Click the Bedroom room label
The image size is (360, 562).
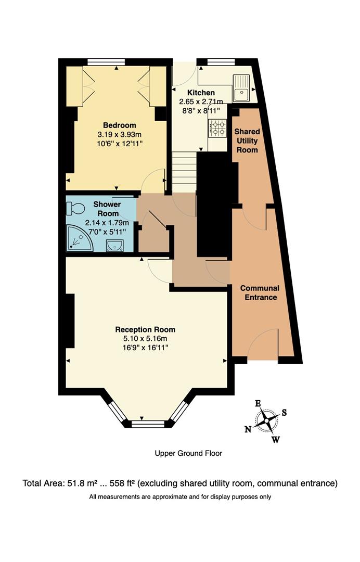click(119, 125)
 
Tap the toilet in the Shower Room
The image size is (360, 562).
click(75, 208)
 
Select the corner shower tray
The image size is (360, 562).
click(79, 238)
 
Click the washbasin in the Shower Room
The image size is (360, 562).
click(114, 245)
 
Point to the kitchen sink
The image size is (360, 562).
click(242, 88)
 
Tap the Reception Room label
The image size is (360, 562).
click(145, 329)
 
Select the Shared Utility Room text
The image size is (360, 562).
click(247, 140)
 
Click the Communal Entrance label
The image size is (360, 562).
click(260, 292)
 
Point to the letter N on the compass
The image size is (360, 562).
click(248, 429)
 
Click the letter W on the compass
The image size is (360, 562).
click(276, 440)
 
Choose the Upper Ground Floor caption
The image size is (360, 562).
click(188, 453)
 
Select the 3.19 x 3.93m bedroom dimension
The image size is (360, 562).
click(119, 134)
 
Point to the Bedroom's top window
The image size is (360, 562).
click(116, 62)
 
